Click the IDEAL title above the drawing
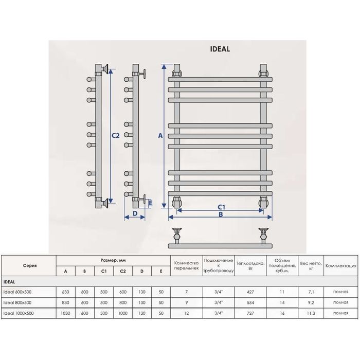(220, 49)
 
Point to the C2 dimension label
(116, 136)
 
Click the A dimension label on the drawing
(160, 136)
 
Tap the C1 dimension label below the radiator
(221, 207)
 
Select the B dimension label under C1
(221, 214)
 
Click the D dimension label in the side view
(135, 213)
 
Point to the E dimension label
(151, 203)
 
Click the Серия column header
(30, 266)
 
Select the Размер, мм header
(113, 260)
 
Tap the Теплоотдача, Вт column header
(250, 266)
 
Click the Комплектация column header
(340, 266)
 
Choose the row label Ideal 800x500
(17, 302)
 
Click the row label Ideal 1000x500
(19, 313)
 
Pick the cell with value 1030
(65, 313)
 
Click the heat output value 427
(250, 292)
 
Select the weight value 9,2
(311, 302)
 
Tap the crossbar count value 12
(186, 313)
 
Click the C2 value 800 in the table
(123, 302)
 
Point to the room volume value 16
(282, 313)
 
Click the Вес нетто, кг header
(311, 266)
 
